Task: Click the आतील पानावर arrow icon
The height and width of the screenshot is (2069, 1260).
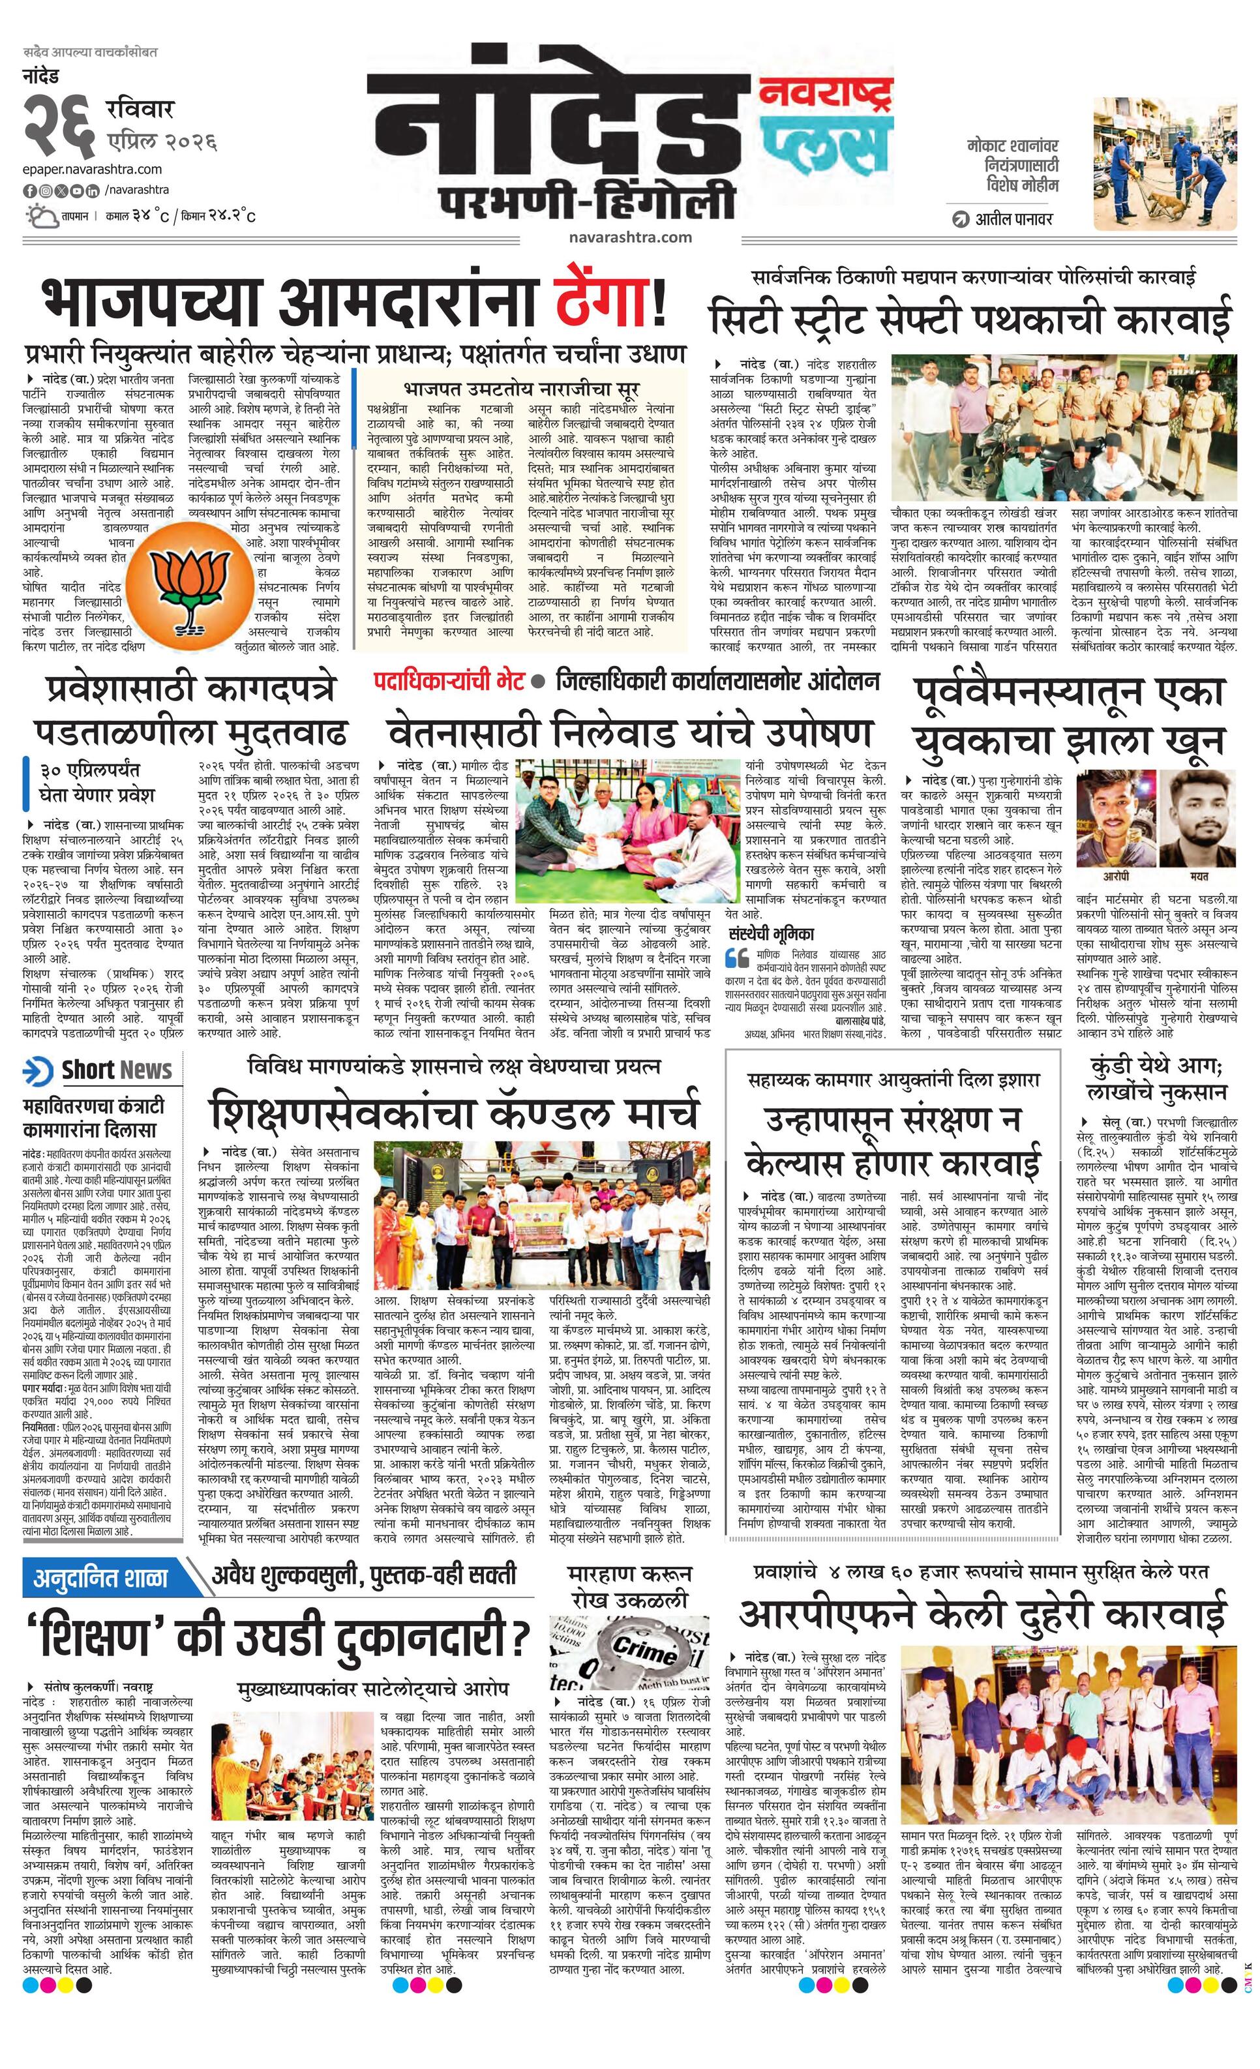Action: tap(959, 220)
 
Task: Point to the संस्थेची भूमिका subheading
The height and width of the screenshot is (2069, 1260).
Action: tap(772, 933)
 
